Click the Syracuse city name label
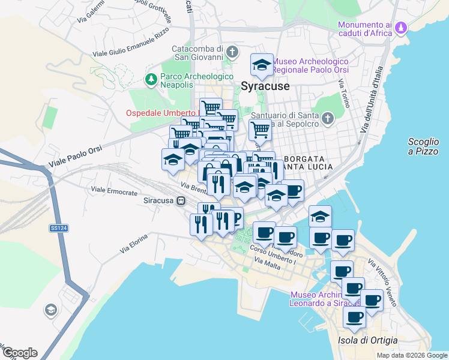[265, 86]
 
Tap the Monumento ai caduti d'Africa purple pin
[402, 28]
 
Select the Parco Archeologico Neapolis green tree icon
[151, 79]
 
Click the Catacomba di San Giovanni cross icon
[232, 52]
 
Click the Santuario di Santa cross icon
[327, 119]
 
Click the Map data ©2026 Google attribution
[411, 355]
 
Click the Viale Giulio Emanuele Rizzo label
[131, 46]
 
